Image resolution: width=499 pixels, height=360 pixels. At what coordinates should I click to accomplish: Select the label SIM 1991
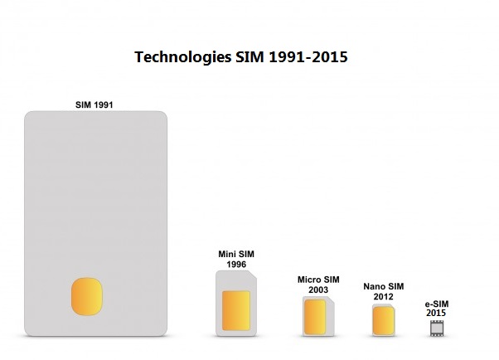(95, 105)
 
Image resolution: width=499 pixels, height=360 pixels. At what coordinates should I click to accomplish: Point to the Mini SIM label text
(236, 254)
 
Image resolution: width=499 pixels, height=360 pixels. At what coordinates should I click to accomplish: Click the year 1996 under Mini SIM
(236, 264)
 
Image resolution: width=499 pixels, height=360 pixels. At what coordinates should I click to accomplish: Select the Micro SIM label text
(318, 280)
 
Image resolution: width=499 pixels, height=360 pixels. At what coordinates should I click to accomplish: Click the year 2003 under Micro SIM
(318, 289)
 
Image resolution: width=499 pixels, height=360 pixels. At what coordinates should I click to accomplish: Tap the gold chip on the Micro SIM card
(315, 316)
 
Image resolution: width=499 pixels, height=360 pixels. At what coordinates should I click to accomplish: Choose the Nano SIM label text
(384, 286)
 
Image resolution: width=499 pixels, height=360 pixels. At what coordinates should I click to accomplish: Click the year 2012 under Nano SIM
(384, 296)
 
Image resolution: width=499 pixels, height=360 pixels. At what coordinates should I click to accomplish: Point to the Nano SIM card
(384, 319)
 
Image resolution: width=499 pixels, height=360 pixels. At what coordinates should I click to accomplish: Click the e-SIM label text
(436, 304)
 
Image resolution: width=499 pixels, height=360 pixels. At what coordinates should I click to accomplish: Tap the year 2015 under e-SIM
(436, 314)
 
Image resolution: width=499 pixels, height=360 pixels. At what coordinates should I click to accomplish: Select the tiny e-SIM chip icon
(436, 328)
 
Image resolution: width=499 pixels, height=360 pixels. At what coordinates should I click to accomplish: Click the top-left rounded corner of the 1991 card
(28, 115)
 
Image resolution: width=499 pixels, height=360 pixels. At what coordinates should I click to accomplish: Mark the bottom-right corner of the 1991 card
(164, 333)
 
